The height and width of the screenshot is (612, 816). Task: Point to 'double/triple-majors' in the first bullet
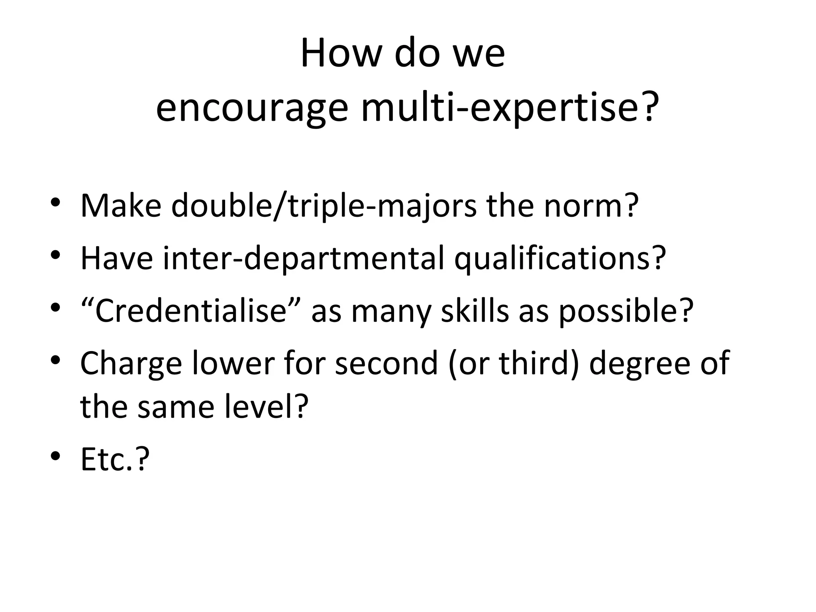[324, 206]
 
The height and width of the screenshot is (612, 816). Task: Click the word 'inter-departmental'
[303, 259]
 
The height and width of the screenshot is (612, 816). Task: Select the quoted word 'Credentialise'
[191, 311]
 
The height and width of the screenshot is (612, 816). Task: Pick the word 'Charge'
[131, 364]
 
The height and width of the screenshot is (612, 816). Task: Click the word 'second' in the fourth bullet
[386, 363]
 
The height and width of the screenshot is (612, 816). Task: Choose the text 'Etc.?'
[115, 459]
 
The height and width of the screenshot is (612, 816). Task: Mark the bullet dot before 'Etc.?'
[56, 455]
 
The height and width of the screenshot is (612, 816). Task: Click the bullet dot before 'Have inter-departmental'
[56, 254]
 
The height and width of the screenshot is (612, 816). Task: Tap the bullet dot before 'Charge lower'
[56, 360]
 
